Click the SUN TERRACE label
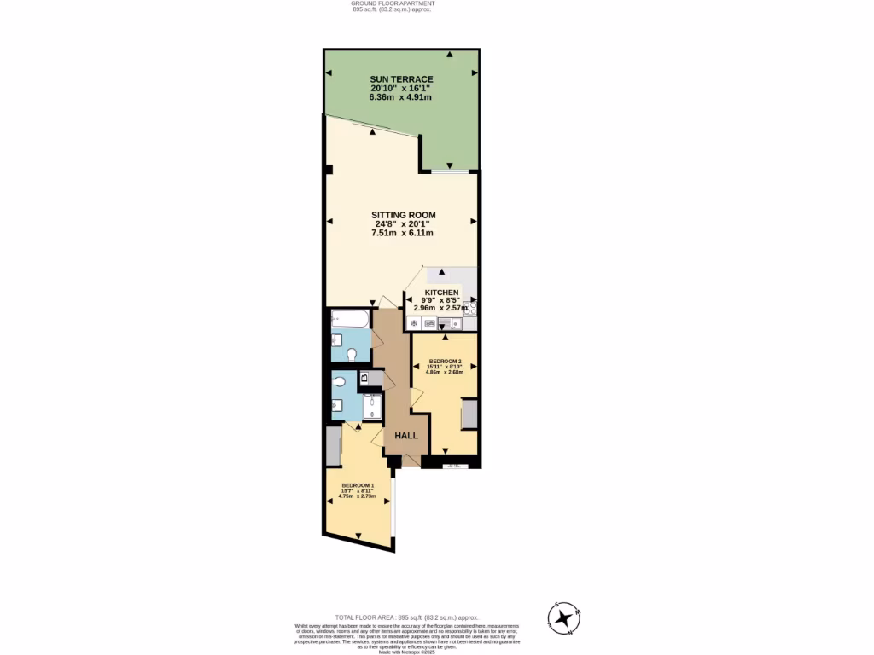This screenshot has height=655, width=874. click(x=401, y=79)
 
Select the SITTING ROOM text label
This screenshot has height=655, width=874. click(x=403, y=215)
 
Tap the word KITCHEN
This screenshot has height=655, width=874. click(x=442, y=293)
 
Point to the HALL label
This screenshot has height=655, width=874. click(x=406, y=436)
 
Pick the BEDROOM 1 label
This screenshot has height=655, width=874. click(x=358, y=485)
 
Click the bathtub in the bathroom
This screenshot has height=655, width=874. click(x=351, y=320)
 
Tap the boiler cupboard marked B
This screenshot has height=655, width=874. click(x=364, y=378)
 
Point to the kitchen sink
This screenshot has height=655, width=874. click(x=449, y=322)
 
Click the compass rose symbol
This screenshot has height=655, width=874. click(x=563, y=618)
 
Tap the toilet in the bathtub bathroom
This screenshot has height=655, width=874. click(x=351, y=354)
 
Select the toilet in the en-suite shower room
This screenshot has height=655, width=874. click(x=341, y=382)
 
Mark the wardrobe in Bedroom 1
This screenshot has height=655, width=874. click(x=333, y=444)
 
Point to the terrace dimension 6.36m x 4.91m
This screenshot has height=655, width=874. click(x=400, y=97)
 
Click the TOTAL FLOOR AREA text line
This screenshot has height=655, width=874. click(x=406, y=617)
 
